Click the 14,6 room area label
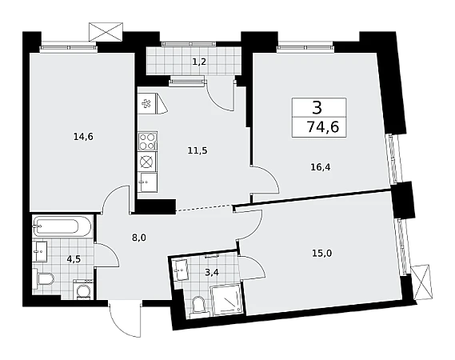pyautogui.click(x=83, y=137)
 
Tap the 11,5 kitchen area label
pyautogui.click(x=198, y=150)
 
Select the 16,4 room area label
pyautogui.click(x=321, y=167)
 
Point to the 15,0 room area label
pyautogui.click(x=322, y=254)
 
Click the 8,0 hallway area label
pyautogui.click(x=139, y=238)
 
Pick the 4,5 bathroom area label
pyautogui.click(x=74, y=258)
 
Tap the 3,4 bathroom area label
pyautogui.click(x=211, y=272)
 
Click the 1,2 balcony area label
pyautogui.click(x=199, y=62)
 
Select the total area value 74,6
pyautogui.click(x=323, y=127)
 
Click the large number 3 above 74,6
pyautogui.click(x=317, y=107)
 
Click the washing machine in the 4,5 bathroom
pyautogui.click(x=83, y=289)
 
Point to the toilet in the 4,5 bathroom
pyautogui.click(x=43, y=279)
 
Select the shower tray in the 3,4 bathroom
pyautogui.click(x=226, y=300)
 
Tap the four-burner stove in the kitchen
pyautogui.click(x=148, y=141)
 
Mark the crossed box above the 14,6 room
pyautogui.click(x=106, y=32)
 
